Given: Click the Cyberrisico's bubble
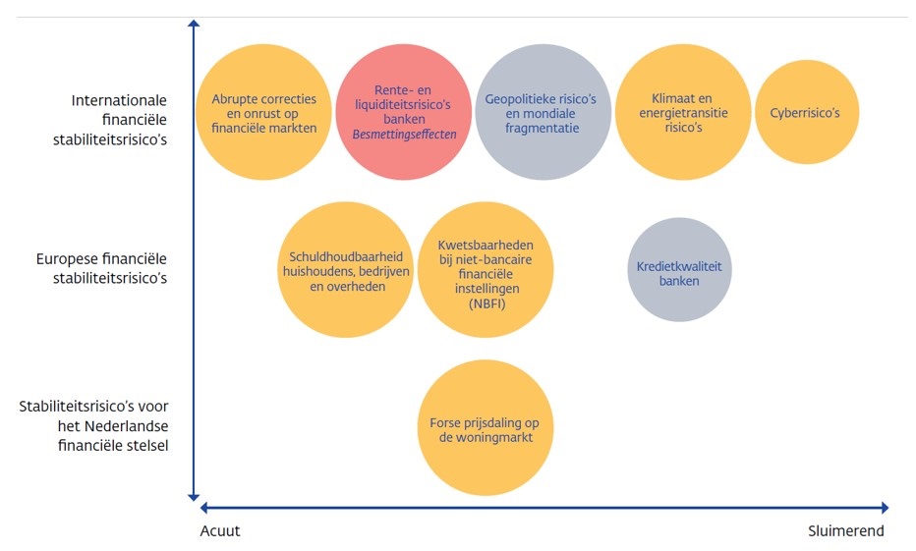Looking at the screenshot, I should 806,112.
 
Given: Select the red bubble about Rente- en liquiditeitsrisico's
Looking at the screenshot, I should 404,112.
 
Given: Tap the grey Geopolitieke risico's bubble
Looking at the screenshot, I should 544,112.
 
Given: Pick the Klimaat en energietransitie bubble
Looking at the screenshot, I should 683,112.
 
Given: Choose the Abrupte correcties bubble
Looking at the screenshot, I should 264,112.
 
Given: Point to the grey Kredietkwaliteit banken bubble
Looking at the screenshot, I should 679,270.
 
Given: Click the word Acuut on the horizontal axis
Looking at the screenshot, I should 219,531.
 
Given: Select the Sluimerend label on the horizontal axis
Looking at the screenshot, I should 846,531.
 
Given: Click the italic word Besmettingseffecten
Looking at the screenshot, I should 404,134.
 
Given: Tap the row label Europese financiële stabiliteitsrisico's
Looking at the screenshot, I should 100,268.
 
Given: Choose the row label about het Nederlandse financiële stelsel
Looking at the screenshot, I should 93,425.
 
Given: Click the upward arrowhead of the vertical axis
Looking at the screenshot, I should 194,25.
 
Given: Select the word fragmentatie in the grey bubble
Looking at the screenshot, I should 543,128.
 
